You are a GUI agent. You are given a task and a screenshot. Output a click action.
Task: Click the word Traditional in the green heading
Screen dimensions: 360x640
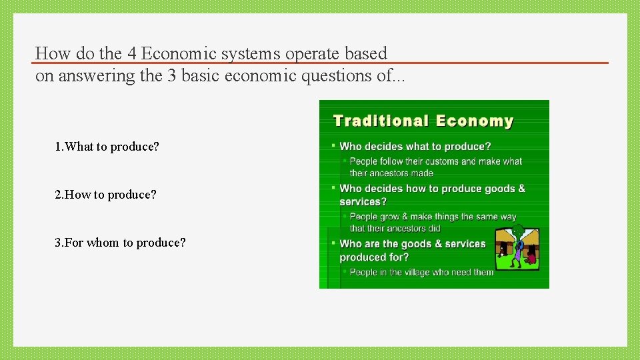[x=381, y=121]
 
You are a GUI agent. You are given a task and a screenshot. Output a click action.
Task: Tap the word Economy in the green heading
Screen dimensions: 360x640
[x=475, y=121]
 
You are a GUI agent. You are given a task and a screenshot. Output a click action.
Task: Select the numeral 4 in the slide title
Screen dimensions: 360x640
[x=131, y=53]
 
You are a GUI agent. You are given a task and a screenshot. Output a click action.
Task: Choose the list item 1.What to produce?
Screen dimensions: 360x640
[x=107, y=147]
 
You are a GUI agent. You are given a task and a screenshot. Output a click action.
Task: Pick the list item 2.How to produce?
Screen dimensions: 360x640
[x=106, y=195]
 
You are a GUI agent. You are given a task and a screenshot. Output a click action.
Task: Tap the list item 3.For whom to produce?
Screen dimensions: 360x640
[x=121, y=243]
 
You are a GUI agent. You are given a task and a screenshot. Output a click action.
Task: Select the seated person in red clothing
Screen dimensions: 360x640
[x=532, y=259]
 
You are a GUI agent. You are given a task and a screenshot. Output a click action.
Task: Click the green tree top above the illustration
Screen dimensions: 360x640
[x=518, y=231]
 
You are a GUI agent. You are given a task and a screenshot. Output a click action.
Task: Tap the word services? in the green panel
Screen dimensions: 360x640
[x=363, y=202]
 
